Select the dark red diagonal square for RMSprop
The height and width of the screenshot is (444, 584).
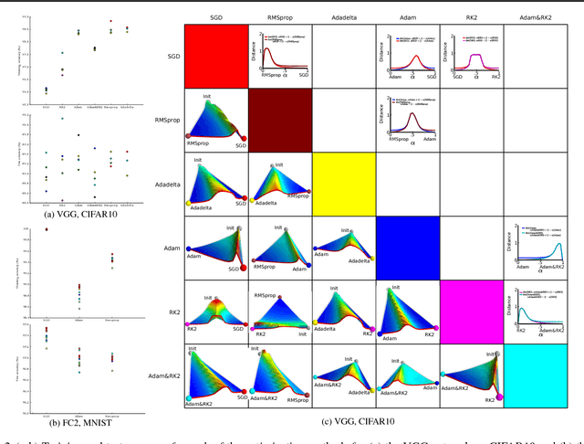click(279, 120)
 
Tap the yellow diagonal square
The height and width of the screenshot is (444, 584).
click(343, 184)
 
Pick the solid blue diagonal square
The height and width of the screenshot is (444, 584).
click(407, 248)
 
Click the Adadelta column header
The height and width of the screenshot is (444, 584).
click(343, 16)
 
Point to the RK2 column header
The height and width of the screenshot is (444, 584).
click(471, 16)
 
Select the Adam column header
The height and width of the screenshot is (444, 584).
click(407, 16)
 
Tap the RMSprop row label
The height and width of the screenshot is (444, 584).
click(166, 120)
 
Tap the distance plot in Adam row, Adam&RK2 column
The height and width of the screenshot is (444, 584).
click(535, 247)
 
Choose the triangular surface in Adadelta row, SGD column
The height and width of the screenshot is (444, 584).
click(215, 183)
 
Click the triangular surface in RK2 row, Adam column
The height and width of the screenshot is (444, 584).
click(407, 311)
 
